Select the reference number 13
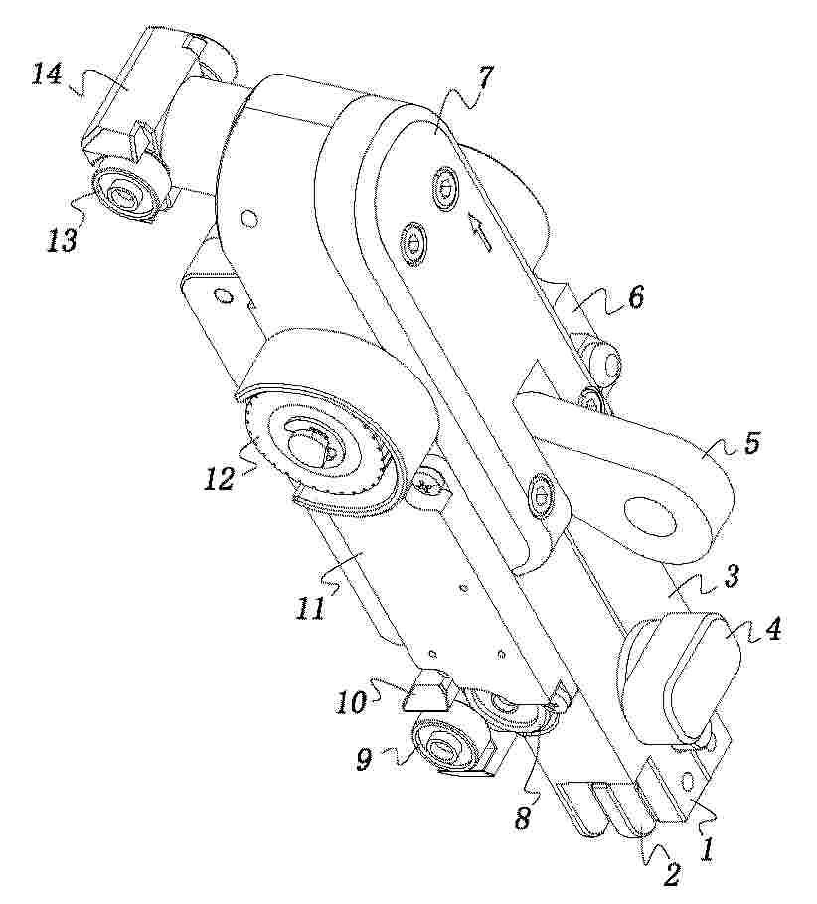click(63, 239)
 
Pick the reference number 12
click(220, 478)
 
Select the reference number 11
click(310, 608)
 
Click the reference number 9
click(364, 760)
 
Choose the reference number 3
click(731, 577)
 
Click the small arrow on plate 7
click(480, 231)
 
